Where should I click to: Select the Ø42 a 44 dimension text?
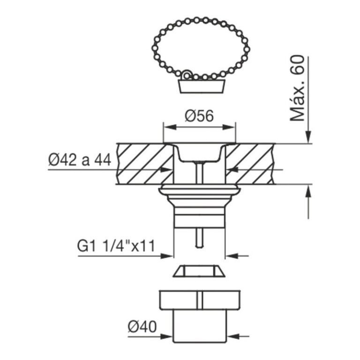click(79, 160)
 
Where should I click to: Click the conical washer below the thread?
click(199, 271)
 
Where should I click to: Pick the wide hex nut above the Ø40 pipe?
click(199, 300)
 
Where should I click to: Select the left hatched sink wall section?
click(143, 164)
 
